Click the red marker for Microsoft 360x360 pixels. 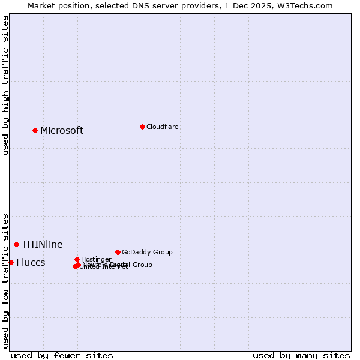point(35,130)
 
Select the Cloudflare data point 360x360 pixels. point(142,127)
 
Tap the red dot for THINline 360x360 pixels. point(17,244)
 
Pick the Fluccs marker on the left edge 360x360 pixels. point(11,262)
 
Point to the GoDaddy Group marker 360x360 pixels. point(118,252)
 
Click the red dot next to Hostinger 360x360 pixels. point(77,259)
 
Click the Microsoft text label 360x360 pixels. point(62,131)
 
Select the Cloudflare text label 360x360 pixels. point(162,127)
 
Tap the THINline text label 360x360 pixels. point(42,244)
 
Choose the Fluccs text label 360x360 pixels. point(31,263)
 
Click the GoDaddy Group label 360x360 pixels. point(147,252)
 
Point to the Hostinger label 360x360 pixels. point(96,259)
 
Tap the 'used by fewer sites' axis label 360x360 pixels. point(62,355)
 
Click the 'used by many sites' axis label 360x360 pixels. point(301,355)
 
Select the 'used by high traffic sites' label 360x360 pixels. point(5,85)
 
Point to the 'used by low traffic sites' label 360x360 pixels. point(5,281)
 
